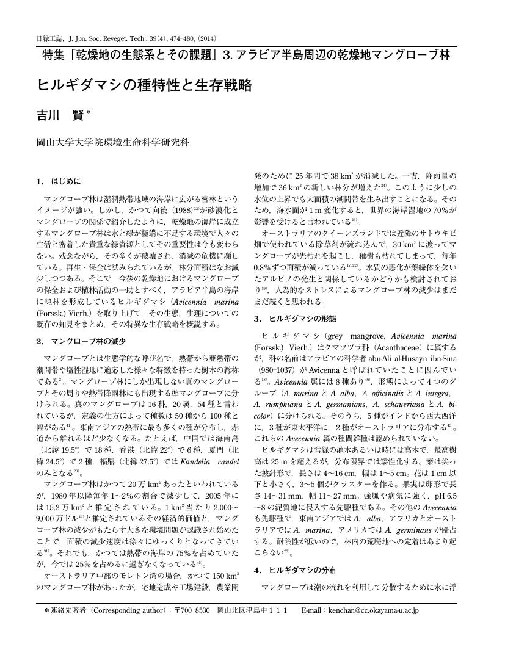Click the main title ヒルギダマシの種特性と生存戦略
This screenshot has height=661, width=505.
click(145, 85)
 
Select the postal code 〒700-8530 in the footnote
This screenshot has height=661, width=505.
click(192, 610)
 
